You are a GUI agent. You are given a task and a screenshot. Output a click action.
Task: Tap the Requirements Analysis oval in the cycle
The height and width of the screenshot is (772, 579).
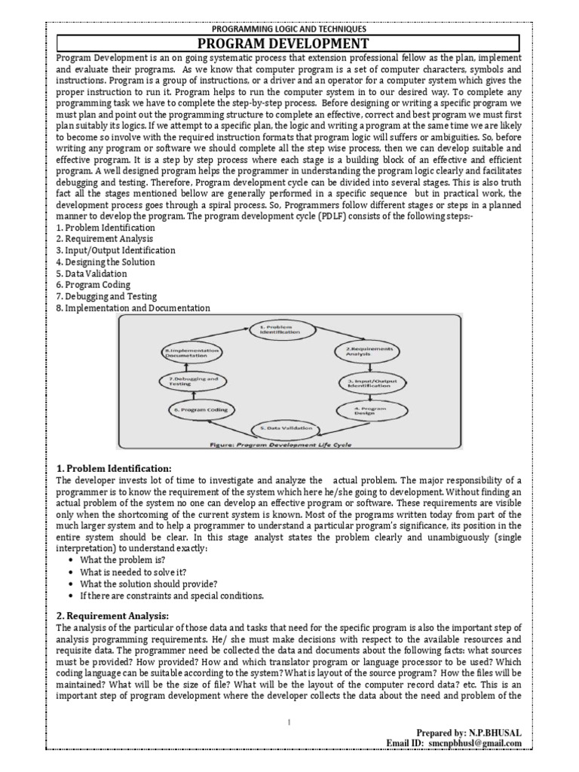pyautogui.click(x=369, y=351)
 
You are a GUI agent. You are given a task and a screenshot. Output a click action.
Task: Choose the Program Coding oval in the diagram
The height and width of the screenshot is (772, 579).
pyautogui.click(x=198, y=409)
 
